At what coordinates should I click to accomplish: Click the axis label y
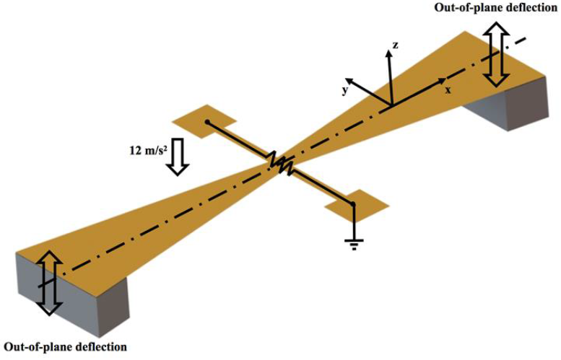(346, 91)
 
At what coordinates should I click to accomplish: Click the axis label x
(448, 89)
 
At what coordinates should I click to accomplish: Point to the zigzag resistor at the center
(280, 164)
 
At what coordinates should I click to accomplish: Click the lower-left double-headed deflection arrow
(48, 282)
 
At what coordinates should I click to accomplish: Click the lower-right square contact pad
(353, 208)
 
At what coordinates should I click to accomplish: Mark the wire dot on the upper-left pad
(207, 122)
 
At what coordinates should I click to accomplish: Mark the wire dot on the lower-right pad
(353, 204)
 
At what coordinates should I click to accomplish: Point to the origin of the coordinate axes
(391, 106)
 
